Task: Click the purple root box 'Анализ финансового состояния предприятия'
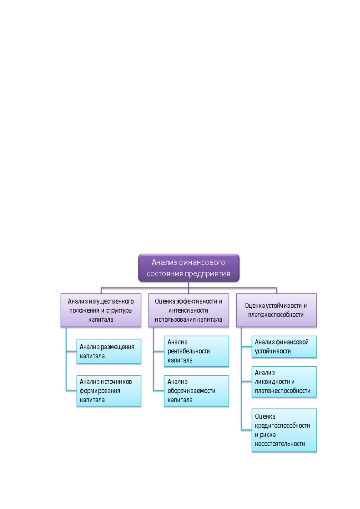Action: pyautogui.click(x=189, y=268)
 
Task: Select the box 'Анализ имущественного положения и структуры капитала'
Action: pyautogui.click(x=101, y=310)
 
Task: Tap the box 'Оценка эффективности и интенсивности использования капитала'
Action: pyautogui.click(x=189, y=310)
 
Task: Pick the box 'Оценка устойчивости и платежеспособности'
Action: pyautogui.click(x=276, y=310)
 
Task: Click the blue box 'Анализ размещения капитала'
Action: pyautogui.click(x=109, y=351)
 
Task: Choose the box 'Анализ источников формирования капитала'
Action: pyautogui.click(x=109, y=391)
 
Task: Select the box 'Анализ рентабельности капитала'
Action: pyautogui.click(x=196, y=351)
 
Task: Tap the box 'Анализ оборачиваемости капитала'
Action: pyautogui.click(x=196, y=391)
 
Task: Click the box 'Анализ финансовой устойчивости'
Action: pyautogui.click(x=284, y=346)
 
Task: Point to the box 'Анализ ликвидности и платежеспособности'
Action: pyautogui.click(x=284, y=382)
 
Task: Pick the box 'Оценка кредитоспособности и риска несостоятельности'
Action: pyautogui.click(x=284, y=430)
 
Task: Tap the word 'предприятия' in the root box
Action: pyautogui.click(x=207, y=274)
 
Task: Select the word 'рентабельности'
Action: pyautogui.click(x=189, y=351)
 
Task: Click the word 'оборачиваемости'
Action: pyautogui.click(x=191, y=391)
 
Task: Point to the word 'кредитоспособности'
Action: pyautogui.click(x=282, y=425)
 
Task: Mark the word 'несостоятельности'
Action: pyautogui.click(x=280, y=443)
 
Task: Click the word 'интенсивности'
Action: pyautogui.click(x=188, y=310)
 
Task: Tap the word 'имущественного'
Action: pyautogui.click(x=111, y=302)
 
